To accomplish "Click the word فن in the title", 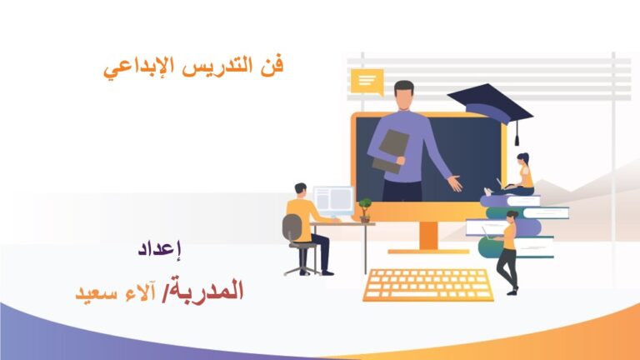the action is pos(272,65).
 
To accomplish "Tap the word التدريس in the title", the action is pos(217,66).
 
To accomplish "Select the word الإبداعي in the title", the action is pos(139,67).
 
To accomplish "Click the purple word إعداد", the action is pos(160,249).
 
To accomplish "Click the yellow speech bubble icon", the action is pos(367,82).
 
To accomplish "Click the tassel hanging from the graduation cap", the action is pos(517,133).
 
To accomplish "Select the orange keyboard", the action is pos(428,285).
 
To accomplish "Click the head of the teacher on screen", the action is pos(404,94).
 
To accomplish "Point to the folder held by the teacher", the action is pos(390,151).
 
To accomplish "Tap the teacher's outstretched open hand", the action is pos(454,182).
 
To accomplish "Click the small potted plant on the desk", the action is pos(364,210).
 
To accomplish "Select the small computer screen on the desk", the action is pos(334,200).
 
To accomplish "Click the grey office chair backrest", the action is pos(292,227).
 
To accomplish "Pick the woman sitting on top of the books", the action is pos(512,175).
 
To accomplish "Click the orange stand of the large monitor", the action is pos(428,237).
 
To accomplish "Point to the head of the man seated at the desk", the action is pos(300,190).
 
